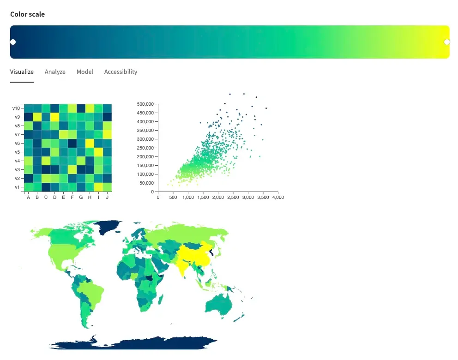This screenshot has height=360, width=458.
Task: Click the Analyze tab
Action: click(55, 72)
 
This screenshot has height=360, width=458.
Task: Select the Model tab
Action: click(84, 72)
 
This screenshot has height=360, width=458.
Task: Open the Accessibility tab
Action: click(121, 72)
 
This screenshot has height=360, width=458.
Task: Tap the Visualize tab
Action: click(22, 72)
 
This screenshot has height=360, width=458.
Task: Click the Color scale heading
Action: click(27, 14)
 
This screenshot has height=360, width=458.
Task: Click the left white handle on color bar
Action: click(13, 42)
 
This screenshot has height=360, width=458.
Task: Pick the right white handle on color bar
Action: click(447, 42)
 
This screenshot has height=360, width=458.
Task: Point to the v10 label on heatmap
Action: click(16, 108)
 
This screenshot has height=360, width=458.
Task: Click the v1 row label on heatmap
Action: click(17, 187)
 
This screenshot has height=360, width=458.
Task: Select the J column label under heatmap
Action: click(107, 198)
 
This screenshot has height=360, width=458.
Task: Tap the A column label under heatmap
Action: click(28, 198)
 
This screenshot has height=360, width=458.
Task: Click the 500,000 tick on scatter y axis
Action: click(145, 104)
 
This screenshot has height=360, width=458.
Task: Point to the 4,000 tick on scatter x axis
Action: click(278, 198)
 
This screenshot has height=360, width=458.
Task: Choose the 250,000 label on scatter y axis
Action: click(145, 148)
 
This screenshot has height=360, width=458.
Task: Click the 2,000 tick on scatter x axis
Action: click(218, 198)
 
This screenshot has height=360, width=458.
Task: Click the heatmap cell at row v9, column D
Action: click(54, 117)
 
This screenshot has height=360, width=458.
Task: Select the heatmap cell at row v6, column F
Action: click(72, 144)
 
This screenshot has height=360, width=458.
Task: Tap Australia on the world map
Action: click(218, 304)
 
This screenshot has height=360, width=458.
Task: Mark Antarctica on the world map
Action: click(133, 343)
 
